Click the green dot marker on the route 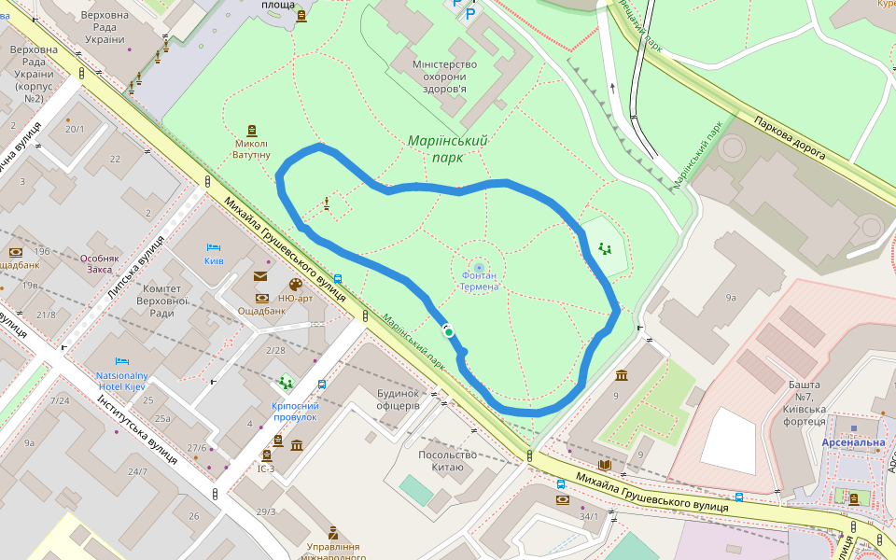[x=449, y=331]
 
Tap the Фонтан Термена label [x=480, y=281]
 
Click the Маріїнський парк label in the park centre [x=447, y=148]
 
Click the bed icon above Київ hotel [x=214, y=247]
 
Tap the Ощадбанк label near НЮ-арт [x=261, y=311]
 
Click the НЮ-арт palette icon [x=296, y=285]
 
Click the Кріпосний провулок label [x=295, y=411]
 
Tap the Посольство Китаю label [x=448, y=461]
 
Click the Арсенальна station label [x=853, y=442]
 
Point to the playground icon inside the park [x=606, y=248]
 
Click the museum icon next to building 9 [x=622, y=375]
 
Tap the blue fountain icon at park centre [x=480, y=267]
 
